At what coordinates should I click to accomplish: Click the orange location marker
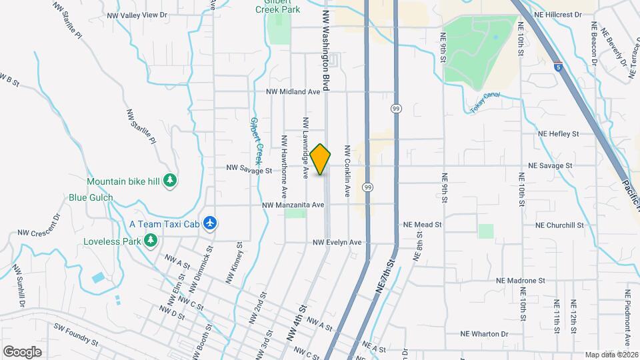pos(321,159)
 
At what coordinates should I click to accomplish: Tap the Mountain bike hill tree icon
pos(171,180)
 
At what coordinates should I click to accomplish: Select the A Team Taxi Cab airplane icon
pos(211,223)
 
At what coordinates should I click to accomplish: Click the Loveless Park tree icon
pos(151,240)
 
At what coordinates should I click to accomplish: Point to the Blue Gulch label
pos(91,198)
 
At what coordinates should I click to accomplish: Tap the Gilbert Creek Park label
pos(278,7)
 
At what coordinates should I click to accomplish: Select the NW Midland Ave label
pos(293,92)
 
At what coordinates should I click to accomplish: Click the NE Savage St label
pos(550,165)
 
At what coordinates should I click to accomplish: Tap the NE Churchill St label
pos(559,225)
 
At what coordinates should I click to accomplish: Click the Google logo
pos(22,352)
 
